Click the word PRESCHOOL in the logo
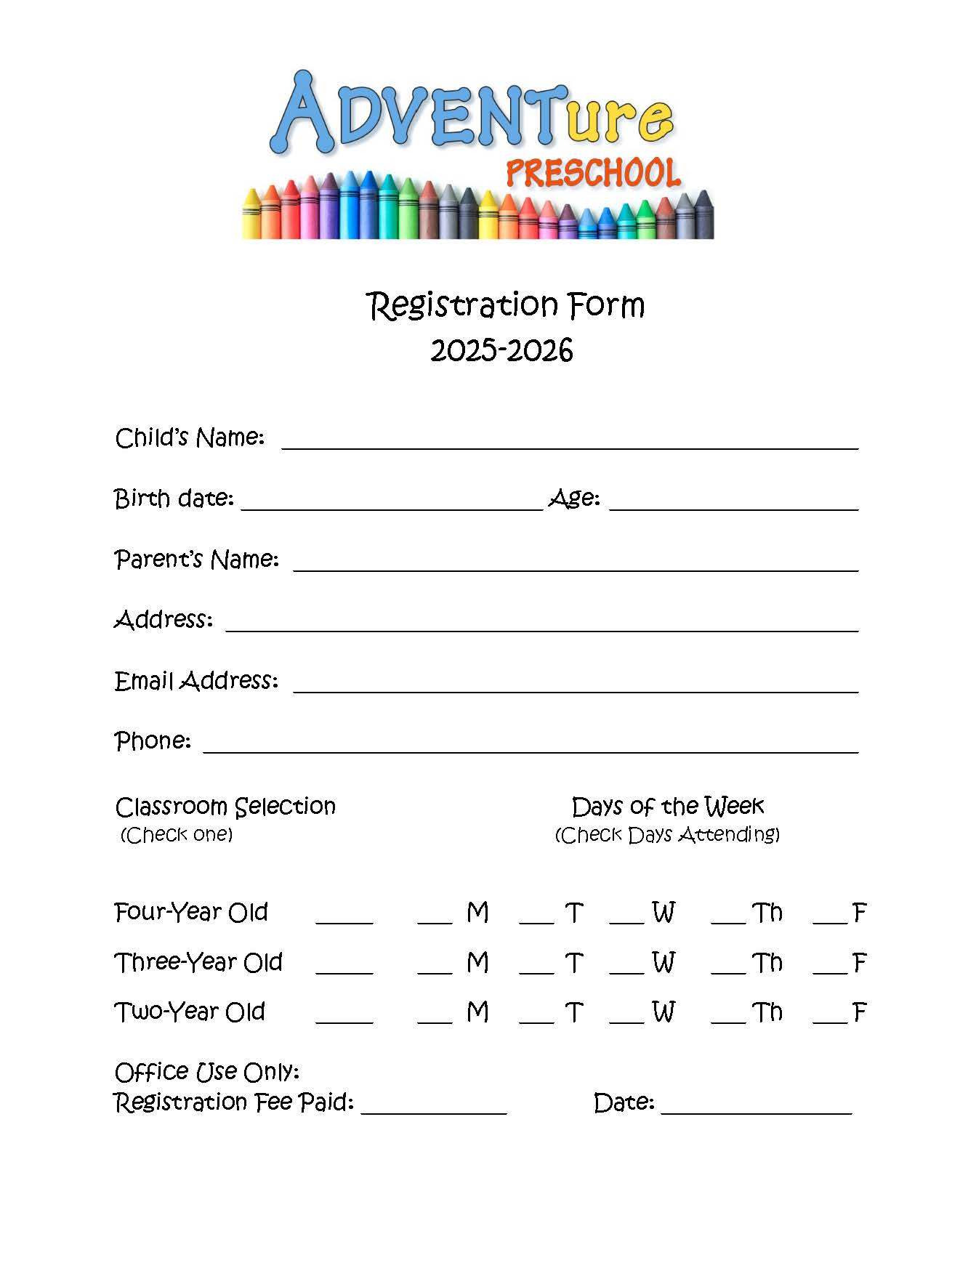click(592, 174)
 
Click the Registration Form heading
click(505, 304)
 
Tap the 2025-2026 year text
click(501, 350)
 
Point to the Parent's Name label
click(196, 560)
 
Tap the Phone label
click(153, 741)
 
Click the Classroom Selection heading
click(225, 807)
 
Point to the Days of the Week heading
click(667, 807)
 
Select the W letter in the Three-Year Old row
click(664, 963)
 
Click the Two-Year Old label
click(190, 1012)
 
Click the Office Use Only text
click(207, 1072)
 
